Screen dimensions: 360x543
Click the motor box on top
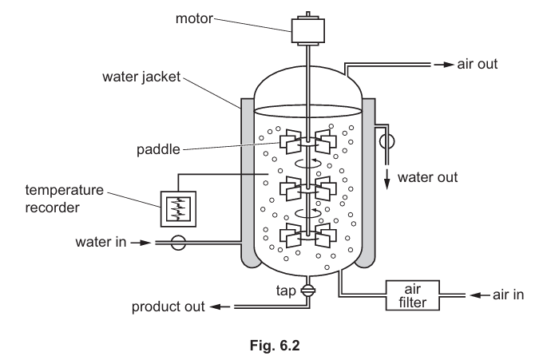(x=308, y=30)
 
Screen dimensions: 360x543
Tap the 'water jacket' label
(x=142, y=78)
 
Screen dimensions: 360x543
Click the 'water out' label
(x=428, y=177)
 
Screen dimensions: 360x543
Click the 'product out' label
(x=168, y=306)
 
